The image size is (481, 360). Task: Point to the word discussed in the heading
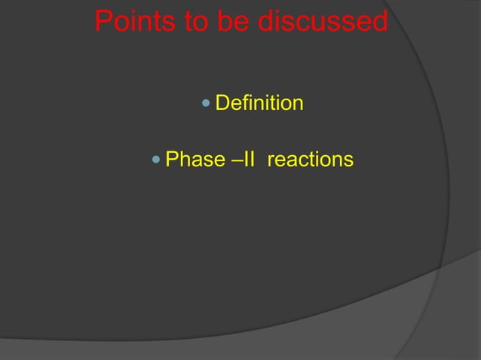pyautogui.click(x=323, y=22)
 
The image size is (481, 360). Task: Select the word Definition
pyautogui.click(x=260, y=102)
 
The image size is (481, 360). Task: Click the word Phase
pyautogui.click(x=195, y=160)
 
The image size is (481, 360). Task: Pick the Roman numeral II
pyautogui.click(x=248, y=160)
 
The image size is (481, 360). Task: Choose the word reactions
pyautogui.click(x=310, y=160)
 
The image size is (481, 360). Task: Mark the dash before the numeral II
pyautogui.click(x=235, y=160)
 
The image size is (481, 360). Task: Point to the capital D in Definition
pyautogui.click(x=222, y=102)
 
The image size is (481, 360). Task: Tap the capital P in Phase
pyautogui.click(x=171, y=160)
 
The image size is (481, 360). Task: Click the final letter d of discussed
pyautogui.click(x=378, y=22)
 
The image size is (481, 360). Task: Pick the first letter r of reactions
pyautogui.click(x=270, y=161)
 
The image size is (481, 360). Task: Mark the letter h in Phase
pyautogui.click(x=184, y=160)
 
